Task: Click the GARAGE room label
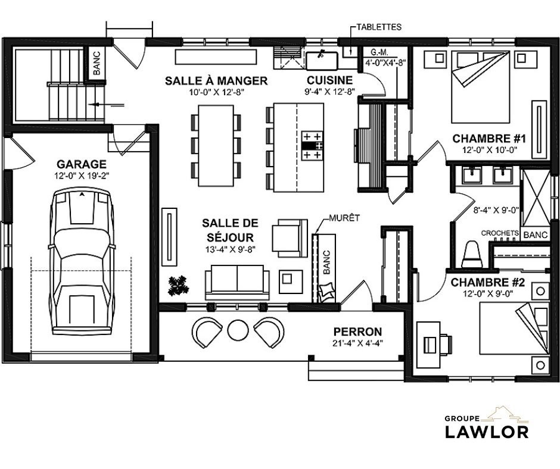[x=82, y=164]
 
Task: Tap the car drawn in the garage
[x=82, y=262]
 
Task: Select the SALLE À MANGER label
[x=216, y=81]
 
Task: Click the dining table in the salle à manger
[x=216, y=146]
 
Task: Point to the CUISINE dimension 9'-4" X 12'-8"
[x=329, y=92]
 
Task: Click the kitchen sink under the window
[x=322, y=61]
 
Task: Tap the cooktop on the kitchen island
[x=313, y=146]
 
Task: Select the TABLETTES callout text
[x=379, y=27]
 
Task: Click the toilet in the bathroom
[x=472, y=255]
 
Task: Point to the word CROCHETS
[x=500, y=233]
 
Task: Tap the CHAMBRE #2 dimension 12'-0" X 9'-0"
[x=487, y=294]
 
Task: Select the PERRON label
[x=357, y=332]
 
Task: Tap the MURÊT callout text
[x=344, y=218]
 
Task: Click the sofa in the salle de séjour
[x=237, y=282]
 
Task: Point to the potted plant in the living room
[x=178, y=286]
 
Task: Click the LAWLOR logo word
[x=487, y=432]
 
